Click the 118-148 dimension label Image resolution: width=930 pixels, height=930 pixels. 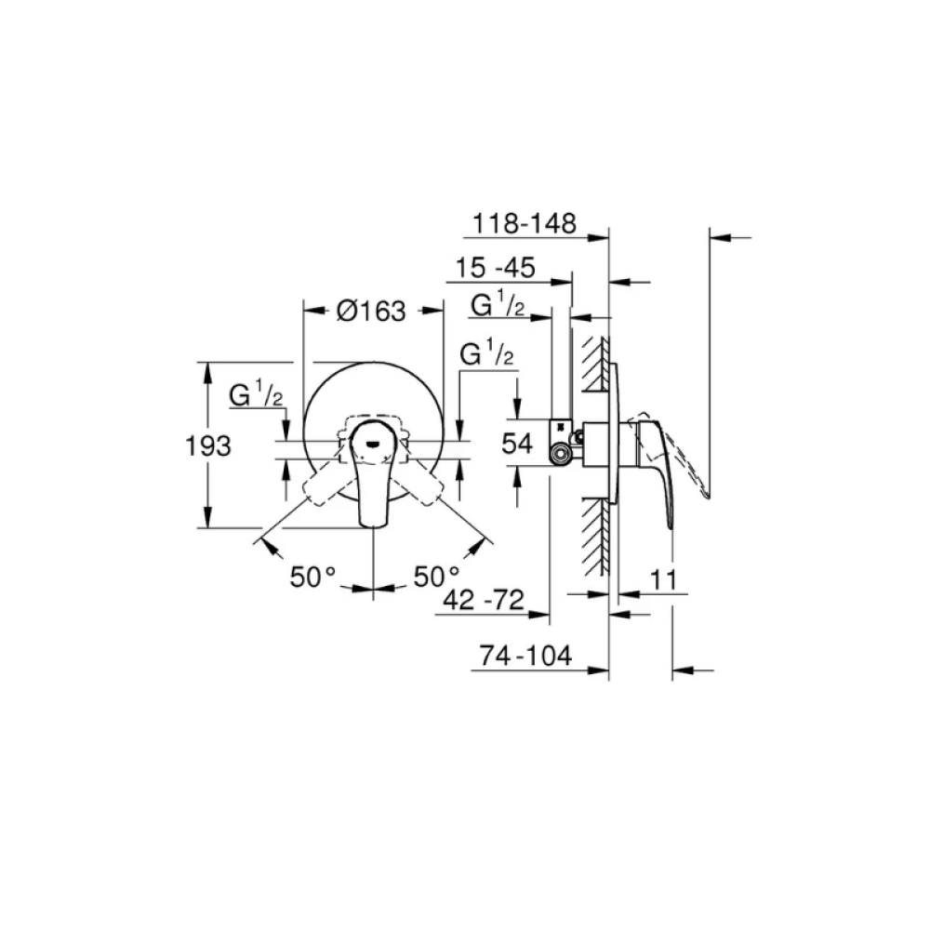525,223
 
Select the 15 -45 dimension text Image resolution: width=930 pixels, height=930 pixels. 496,268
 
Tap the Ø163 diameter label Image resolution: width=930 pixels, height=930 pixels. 371,311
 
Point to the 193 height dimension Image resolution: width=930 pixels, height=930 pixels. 208,445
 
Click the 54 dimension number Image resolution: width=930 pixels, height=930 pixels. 517,443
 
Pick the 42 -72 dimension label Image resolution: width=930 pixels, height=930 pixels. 484,600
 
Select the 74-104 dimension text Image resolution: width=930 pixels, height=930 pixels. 525,656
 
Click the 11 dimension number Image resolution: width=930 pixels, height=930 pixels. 664,578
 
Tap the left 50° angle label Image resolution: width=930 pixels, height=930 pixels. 312,577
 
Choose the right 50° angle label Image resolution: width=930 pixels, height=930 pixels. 436,577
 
